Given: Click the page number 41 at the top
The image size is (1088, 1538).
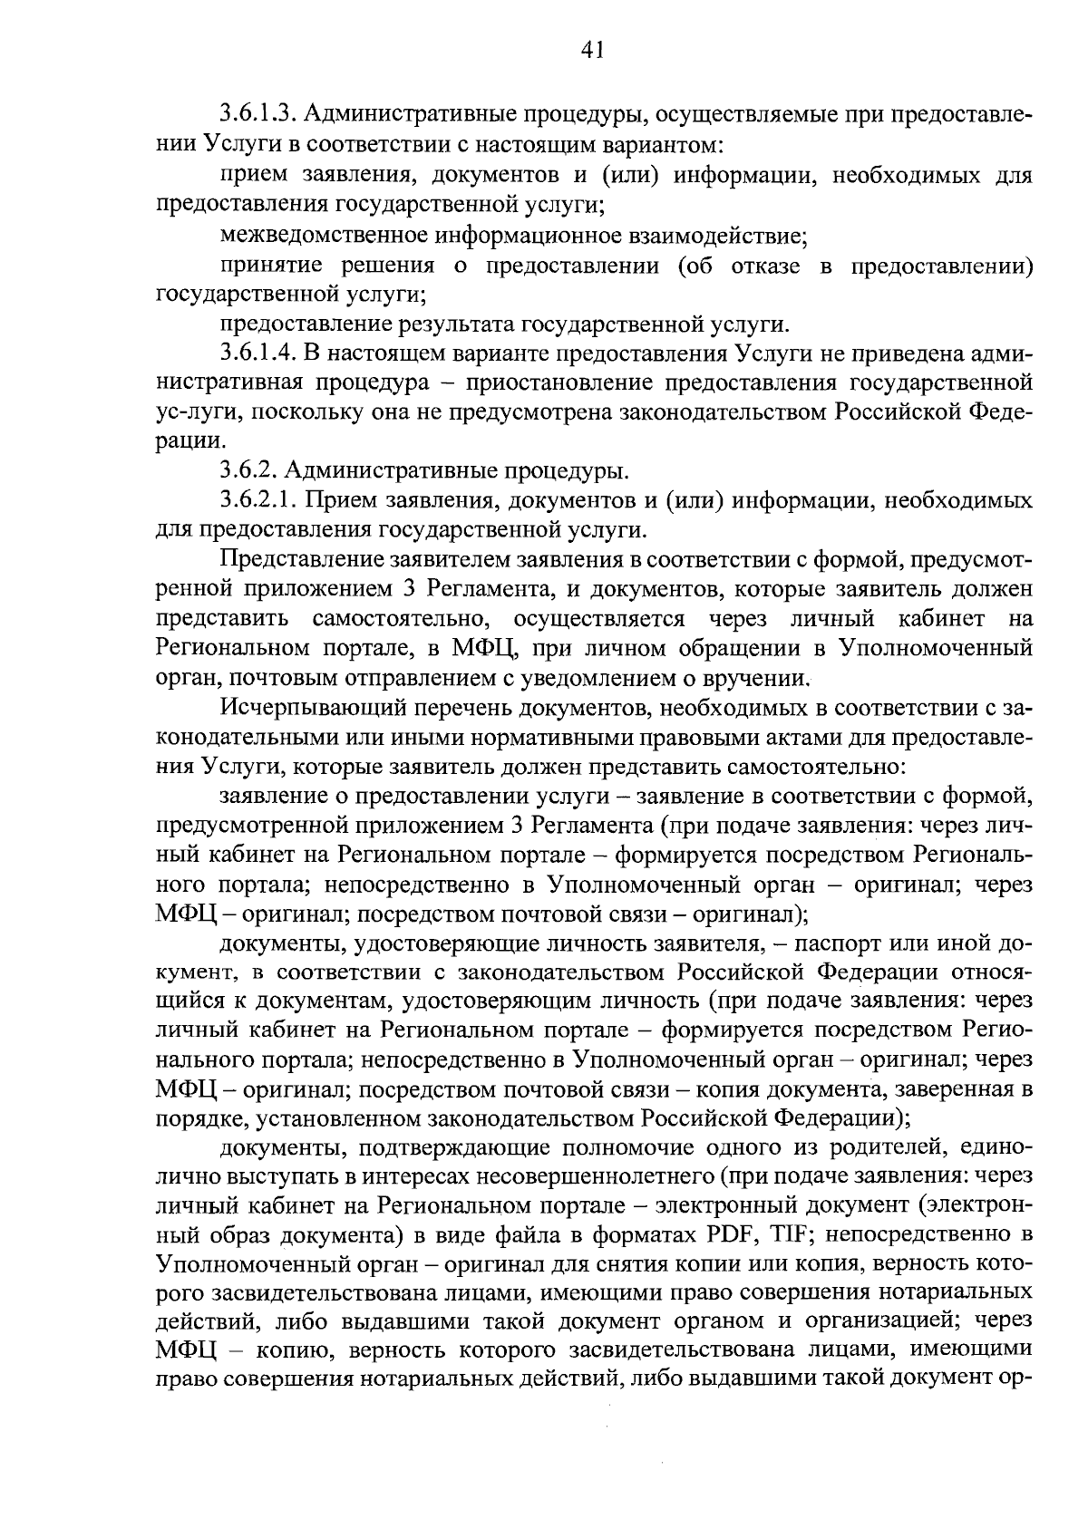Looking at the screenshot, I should (591, 51).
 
